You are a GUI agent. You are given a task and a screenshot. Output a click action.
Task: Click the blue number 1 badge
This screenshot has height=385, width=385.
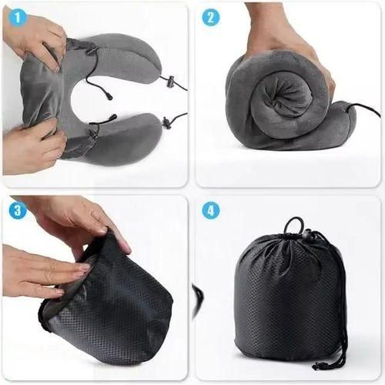tap(17, 17)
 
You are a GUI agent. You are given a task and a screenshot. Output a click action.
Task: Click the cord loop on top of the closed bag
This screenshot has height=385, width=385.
tap(292, 224)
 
